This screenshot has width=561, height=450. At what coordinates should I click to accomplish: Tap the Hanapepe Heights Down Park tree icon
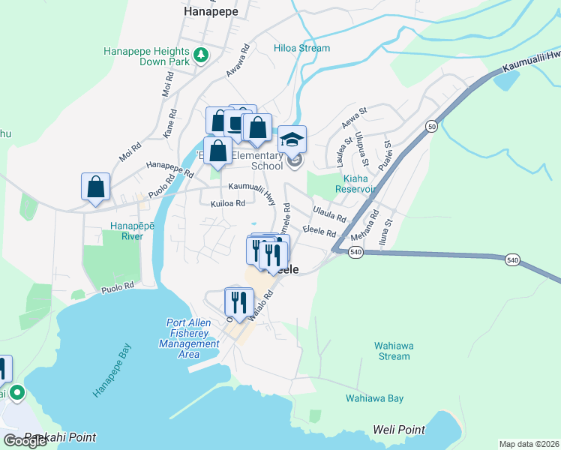pos(201,54)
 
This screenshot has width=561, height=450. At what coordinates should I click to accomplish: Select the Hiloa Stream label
pos(302,48)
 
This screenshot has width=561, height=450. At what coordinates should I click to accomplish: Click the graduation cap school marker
pos(292,139)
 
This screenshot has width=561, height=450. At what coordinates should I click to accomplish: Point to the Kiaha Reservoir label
pos(358,184)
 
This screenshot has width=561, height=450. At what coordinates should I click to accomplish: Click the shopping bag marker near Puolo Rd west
pos(95,187)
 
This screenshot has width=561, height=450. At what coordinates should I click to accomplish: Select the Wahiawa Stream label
pos(392,351)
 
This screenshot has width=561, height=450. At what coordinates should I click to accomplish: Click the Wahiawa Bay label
pos(374,398)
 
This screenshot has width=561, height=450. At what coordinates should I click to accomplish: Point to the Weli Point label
pos(399,430)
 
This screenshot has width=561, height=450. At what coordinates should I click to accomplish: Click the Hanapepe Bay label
pos(112,371)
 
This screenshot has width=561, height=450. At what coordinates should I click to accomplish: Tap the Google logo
pos(25,441)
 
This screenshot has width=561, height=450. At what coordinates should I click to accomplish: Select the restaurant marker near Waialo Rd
pos(238,301)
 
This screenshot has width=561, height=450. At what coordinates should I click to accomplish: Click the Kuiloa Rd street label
pos(228,203)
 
